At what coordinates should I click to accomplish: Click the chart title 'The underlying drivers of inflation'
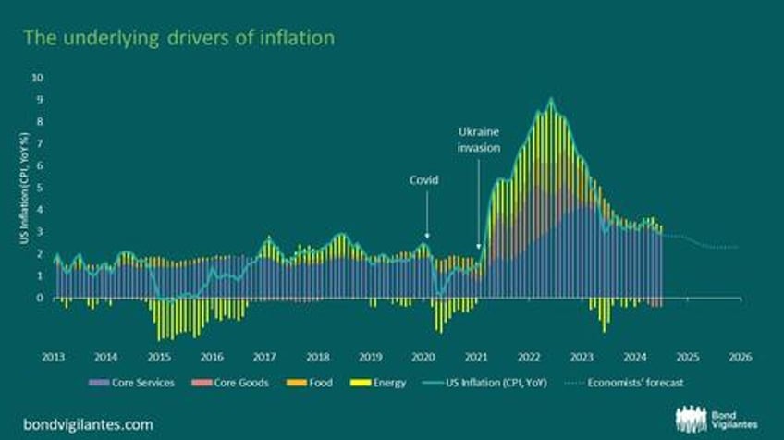(x=178, y=38)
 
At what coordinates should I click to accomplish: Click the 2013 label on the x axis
(x=53, y=356)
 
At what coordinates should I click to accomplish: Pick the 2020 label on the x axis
(x=423, y=356)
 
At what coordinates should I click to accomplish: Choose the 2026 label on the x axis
(x=740, y=356)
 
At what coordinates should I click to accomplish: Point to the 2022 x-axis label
(x=528, y=356)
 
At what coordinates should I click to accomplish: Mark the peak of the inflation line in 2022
(x=551, y=98)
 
